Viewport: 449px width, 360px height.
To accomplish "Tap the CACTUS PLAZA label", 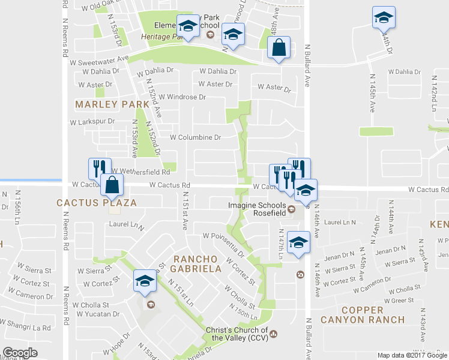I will [97, 203].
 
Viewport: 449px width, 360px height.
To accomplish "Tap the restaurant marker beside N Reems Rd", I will [99, 168].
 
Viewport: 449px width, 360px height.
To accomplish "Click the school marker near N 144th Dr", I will [384, 17].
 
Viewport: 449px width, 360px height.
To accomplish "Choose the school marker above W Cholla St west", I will [145, 281].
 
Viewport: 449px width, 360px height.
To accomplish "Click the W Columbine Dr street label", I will [195, 137].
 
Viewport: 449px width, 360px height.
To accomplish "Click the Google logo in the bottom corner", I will [20, 353].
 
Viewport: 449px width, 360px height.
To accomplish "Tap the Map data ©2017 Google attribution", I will [412, 355].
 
